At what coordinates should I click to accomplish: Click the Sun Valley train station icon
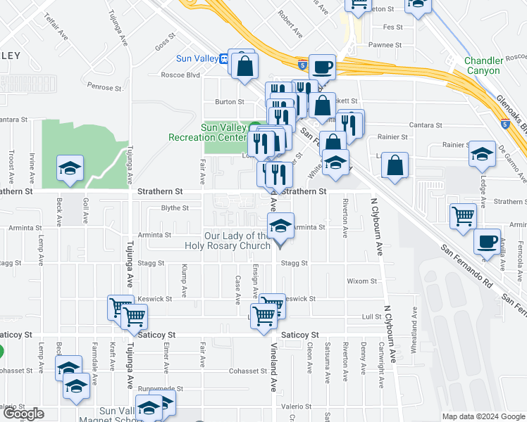point(223,59)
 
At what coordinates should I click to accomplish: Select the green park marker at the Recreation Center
point(254,127)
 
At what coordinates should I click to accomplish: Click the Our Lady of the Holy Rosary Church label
point(237,241)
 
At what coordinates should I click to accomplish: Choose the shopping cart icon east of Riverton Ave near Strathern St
point(463,216)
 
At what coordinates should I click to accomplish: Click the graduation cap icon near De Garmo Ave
point(482,154)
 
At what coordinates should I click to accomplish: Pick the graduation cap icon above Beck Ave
point(70,169)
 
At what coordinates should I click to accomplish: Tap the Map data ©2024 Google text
point(483,416)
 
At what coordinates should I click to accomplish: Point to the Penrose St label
point(105,88)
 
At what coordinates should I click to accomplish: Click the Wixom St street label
point(363,281)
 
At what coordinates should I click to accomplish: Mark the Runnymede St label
point(161,388)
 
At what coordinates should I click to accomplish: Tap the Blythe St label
point(175,208)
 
